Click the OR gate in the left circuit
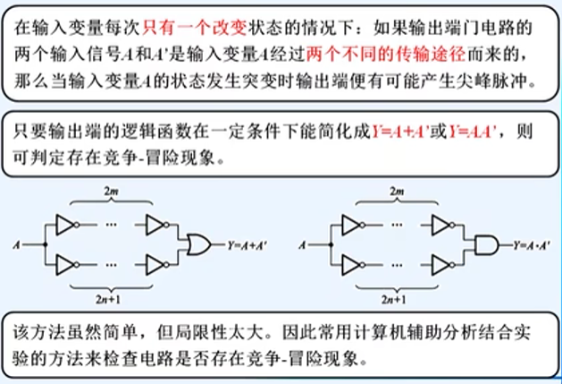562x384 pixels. [197, 243]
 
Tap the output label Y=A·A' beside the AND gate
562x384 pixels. [534, 243]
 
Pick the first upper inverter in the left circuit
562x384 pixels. [67, 225]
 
